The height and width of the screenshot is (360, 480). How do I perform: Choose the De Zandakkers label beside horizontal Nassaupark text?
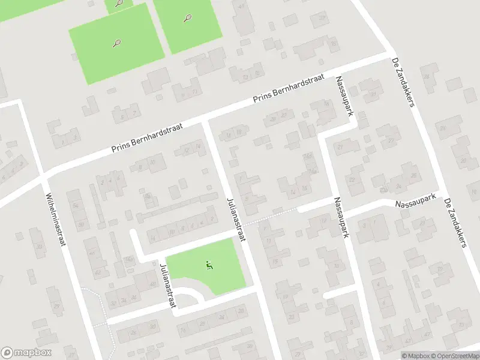point(455,221)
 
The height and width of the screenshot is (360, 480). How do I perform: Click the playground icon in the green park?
point(209,265)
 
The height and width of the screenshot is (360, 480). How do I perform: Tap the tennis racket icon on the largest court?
point(117,43)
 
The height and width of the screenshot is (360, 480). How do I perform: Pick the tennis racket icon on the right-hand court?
point(187,19)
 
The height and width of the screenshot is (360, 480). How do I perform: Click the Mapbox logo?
point(26,353)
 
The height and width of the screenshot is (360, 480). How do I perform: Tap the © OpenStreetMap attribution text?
point(454,356)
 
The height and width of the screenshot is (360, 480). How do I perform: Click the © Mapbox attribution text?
point(415,356)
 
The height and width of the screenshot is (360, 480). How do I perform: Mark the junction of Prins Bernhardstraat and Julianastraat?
point(205,122)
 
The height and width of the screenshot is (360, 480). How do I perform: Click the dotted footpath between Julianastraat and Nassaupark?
point(273,218)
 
